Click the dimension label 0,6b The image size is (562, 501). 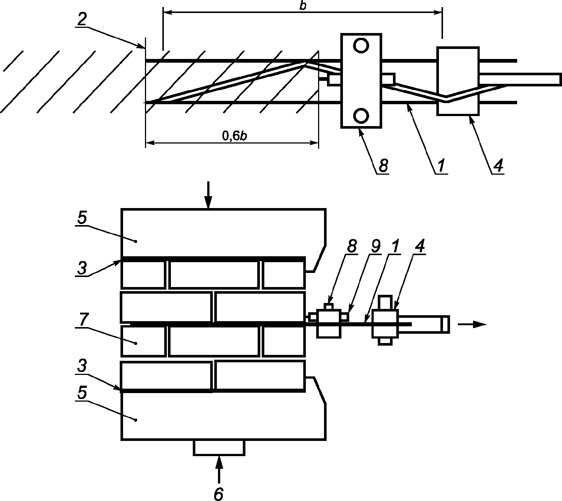click(234, 136)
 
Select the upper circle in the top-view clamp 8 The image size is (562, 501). click(361, 46)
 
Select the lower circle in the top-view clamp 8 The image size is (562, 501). click(361, 116)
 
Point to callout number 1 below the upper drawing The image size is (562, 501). click(441, 165)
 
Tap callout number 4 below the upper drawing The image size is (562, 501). click(498, 165)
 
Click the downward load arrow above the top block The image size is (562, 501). click(208, 194)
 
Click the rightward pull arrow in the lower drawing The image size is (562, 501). click(472, 324)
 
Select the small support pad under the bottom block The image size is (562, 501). click(219, 448)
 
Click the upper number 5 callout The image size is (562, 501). click(82, 218)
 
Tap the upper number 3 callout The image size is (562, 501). click(82, 268)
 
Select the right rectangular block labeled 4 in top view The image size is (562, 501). click(458, 81)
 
